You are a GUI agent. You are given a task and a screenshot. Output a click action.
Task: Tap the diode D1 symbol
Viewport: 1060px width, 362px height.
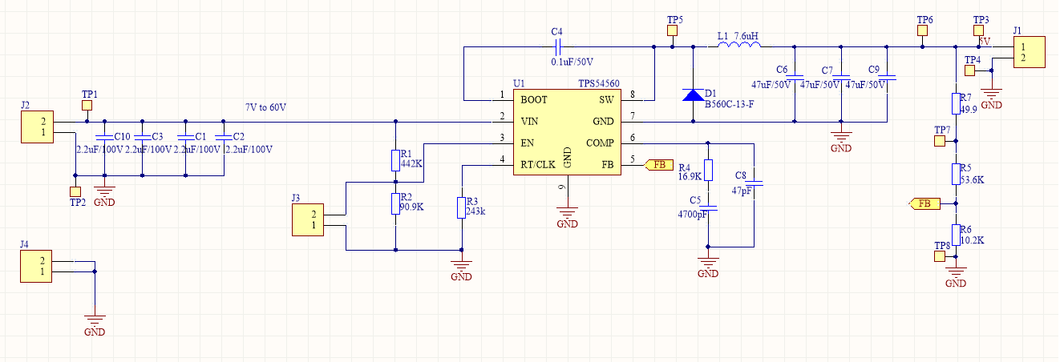(x=693, y=94)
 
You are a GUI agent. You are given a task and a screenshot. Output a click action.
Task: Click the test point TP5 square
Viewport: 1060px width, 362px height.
(x=673, y=31)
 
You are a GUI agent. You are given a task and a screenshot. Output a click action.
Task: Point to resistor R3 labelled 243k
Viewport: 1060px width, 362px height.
(x=460, y=207)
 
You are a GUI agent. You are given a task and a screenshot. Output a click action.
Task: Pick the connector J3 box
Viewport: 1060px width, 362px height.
(x=308, y=219)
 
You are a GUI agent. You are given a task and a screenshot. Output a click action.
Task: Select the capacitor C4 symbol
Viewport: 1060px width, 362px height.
(x=556, y=47)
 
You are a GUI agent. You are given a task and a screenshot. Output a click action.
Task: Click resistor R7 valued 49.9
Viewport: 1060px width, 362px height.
(x=956, y=103)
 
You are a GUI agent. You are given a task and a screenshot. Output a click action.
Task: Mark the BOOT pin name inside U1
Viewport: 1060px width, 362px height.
(x=535, y=100)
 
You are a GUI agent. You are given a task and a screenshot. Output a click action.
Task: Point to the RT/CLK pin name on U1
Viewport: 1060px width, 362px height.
(x=537, y=165)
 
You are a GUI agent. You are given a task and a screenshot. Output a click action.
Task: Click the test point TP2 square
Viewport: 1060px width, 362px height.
(x=75, y=192)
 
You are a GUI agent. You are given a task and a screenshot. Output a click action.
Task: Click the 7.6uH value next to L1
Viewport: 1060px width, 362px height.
(x=746, y=37)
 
